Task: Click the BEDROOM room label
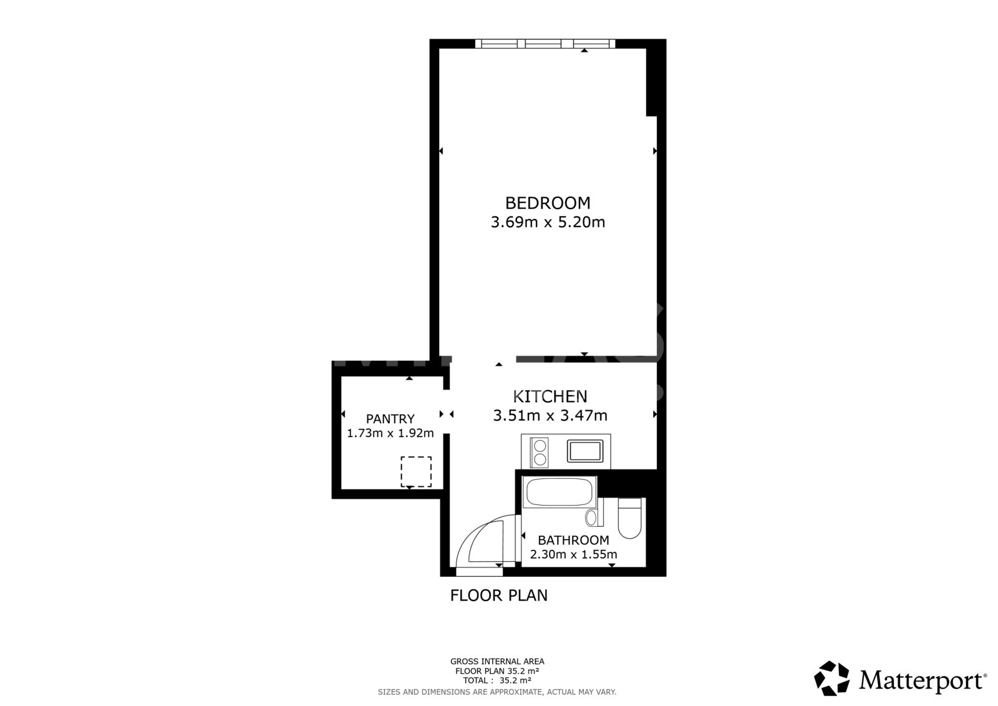[548, 203]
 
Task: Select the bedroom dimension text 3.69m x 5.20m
[548, 222]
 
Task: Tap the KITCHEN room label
[550, 396]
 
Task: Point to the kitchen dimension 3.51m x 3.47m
[550, 416]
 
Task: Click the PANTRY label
[390, 419]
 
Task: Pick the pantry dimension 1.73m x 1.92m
[390, 433]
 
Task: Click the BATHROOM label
[573, 540]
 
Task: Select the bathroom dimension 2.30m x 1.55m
[573, 554]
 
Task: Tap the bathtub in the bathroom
[559, 492]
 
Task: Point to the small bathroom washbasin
[592, 517]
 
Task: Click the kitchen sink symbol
[585, 451]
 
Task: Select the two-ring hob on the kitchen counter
[540, 453]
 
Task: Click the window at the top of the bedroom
[545, 44]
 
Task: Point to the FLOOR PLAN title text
[498, 596]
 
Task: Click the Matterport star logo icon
[831, 678]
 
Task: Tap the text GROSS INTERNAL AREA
[497, 662]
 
